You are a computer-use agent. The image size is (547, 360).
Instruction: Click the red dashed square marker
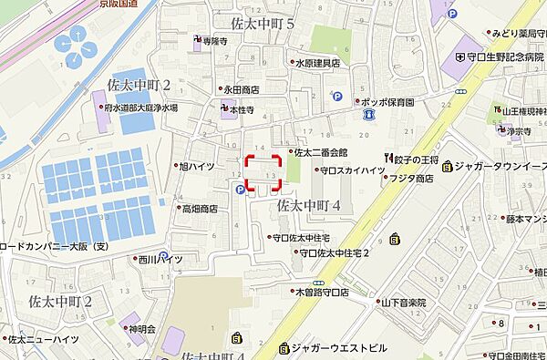263,172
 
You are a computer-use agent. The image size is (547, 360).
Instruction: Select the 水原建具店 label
317,63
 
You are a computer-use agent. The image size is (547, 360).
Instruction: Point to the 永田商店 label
241,89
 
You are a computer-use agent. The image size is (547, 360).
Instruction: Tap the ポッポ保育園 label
388,103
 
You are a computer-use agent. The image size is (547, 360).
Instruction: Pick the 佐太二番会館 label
321,152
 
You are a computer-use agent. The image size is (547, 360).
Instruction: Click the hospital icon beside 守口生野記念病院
459,57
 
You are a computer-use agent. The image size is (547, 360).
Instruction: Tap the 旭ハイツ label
197,167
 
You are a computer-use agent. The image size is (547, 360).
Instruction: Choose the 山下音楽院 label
404,302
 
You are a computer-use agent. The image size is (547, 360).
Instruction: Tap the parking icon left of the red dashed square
240,190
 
